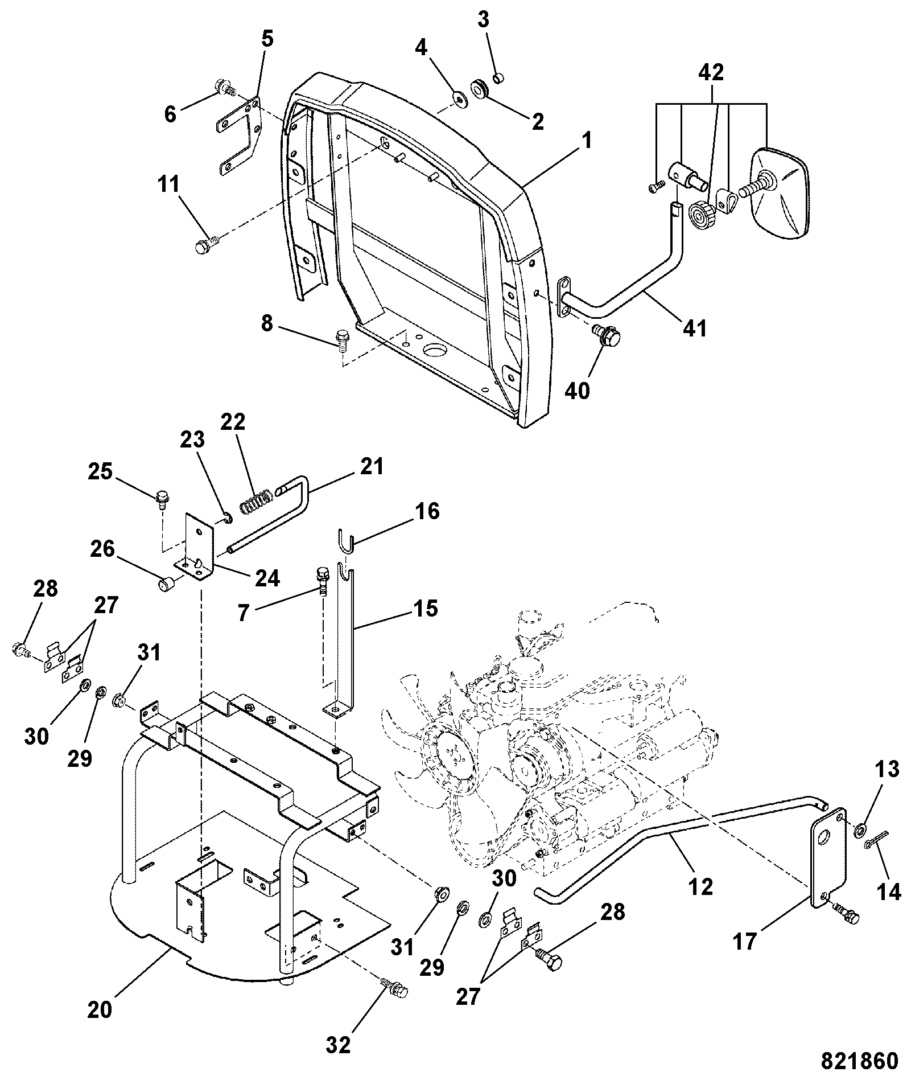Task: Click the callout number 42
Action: pyautogui.click(x=711, y=73)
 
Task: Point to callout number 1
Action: pyautogui.click(x=586, y=139)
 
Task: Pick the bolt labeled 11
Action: pyautogui.click(x=206, y=246)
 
